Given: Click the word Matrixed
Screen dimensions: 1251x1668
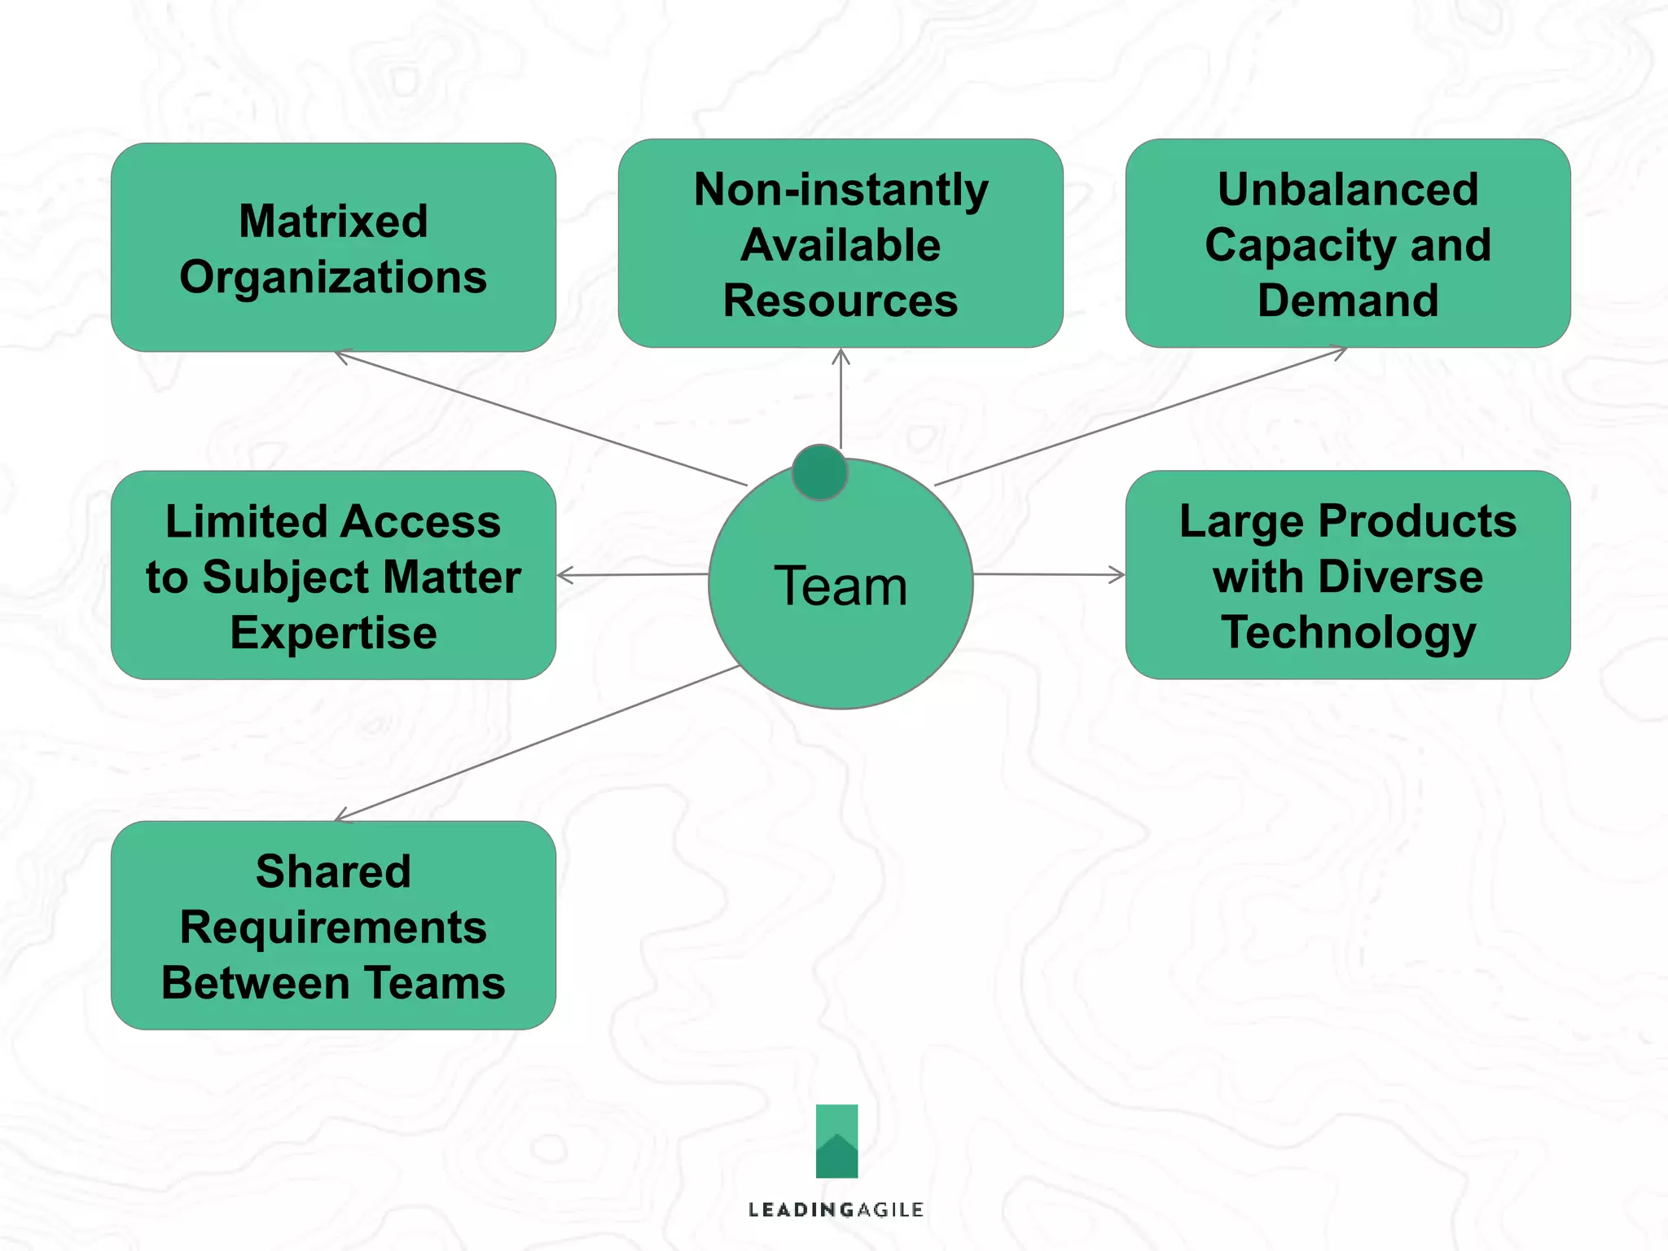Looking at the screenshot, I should pos(333,221).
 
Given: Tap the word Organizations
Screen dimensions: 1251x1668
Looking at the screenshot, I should pos(333,277).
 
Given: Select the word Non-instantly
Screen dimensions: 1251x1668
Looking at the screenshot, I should pos(841,190).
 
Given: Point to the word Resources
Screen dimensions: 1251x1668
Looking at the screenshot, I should pos(841,301).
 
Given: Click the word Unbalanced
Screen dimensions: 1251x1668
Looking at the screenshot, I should pos(1348,190).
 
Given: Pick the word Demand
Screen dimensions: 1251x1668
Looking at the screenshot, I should pos(1348,301).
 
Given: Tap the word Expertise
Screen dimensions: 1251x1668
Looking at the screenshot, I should pos(333,633).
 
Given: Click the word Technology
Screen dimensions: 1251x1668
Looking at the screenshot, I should pos(1348,633).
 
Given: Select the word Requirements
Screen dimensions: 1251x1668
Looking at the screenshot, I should pos(333,927).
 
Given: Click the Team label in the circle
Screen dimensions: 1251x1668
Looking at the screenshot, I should pos(841,586).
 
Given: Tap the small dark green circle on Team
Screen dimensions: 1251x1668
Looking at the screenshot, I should pos(819,472).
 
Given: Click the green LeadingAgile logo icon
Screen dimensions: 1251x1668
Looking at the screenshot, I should pos(836,1140).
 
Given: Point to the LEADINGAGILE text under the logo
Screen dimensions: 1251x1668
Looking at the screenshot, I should pos(836,1209).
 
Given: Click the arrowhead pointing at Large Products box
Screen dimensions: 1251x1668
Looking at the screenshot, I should pos(1117,575).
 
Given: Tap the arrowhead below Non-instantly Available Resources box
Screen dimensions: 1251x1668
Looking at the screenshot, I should pos(841,356).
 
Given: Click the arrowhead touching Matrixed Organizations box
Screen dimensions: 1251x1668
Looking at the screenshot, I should pos(342,356).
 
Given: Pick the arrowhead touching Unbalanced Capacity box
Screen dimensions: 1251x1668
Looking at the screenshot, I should pos(1338,352).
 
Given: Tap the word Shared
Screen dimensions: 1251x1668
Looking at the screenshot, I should pos(333,871).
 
